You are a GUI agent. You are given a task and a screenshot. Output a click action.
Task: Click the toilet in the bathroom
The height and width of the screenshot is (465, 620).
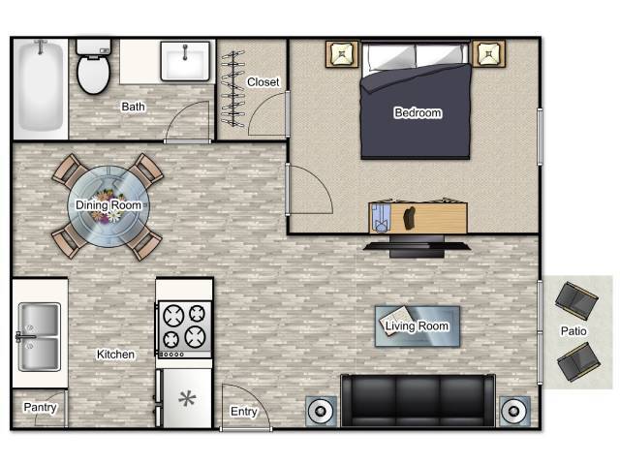click(94, 68)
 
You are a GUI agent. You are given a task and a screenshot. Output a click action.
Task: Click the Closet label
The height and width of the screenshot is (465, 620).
click(263, 82)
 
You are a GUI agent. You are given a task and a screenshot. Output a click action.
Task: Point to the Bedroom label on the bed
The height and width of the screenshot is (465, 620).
click(418, 113)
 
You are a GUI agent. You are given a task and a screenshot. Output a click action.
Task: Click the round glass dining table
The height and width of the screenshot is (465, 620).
click(108, 205)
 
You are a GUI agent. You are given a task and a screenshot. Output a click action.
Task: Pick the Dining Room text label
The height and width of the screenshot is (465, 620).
click(108, 205)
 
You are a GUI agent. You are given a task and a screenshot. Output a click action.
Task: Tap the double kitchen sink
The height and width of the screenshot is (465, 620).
click(39, 336)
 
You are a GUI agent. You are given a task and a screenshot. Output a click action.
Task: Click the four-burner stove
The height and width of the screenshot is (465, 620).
click(183, 325)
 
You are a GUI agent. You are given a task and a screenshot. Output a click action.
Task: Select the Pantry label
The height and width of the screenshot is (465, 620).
click(40, 408)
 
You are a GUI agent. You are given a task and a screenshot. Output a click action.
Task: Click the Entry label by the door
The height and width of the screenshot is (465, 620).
click(243, 412)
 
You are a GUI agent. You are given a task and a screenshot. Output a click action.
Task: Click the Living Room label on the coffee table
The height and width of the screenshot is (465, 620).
click(418, 326)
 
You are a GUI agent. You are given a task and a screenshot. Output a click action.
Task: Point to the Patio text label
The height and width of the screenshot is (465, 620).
click(573, 331)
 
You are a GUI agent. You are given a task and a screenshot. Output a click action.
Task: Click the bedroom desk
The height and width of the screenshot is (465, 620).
click(418, 216)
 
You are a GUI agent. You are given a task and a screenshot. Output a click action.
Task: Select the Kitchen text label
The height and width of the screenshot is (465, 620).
click(115, 355)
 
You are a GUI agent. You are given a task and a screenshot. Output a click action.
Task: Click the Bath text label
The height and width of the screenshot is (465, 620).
click(133, 107)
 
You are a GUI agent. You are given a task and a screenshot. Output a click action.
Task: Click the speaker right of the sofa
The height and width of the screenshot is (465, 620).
click(513, 411)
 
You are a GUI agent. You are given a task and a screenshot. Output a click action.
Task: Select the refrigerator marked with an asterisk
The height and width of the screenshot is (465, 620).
click(184, 398)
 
